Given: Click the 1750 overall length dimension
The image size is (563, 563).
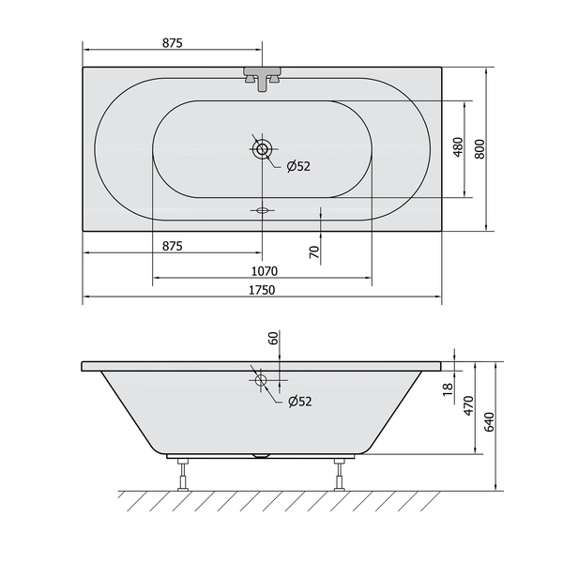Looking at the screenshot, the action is tap(262, 290).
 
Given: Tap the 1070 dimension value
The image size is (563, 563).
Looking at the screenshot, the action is tap(265, 271).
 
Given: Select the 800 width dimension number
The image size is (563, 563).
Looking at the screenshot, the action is tap(479, 148).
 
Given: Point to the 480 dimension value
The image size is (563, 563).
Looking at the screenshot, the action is tap(458, 147).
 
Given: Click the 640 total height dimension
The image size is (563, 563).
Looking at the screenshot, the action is tap(490, 422).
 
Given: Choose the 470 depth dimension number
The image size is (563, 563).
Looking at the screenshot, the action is tap(469, 405).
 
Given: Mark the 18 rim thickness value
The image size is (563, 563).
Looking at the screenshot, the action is tap(448, 389).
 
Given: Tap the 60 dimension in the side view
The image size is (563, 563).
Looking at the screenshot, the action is tap(273, 338).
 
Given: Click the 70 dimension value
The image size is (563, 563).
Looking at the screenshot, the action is tap(314, 252).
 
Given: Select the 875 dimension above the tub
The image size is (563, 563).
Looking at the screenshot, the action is tap(173, 43).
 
